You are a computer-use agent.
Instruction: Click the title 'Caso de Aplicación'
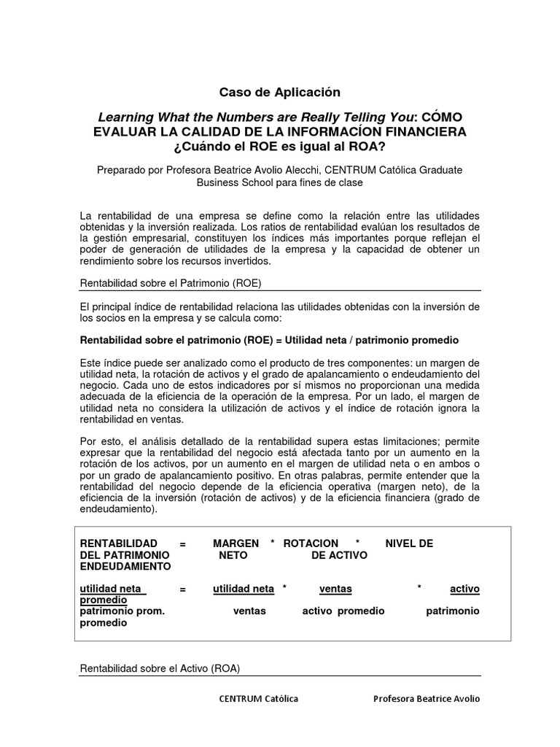(280, 92)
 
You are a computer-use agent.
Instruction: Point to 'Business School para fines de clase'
(279, 182)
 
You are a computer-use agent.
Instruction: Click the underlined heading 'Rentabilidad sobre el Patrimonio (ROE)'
(170, 282)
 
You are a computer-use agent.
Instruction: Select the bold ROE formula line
(269, 341)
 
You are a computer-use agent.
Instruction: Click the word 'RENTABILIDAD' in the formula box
(118, 543)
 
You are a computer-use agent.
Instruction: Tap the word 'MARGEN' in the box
(236, 543)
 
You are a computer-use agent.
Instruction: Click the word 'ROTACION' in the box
(311, 543)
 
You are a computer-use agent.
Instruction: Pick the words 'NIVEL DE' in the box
(409, 543)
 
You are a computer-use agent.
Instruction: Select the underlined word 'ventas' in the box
(335, 589)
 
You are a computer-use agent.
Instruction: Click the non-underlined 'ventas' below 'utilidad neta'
(249, 611)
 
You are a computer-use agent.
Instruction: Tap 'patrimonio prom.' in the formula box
(122, 611)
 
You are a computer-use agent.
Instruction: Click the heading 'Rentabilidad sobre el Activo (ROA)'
(160, 667)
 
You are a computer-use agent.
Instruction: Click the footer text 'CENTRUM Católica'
(259, 699)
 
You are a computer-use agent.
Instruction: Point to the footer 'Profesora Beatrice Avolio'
(427, 699)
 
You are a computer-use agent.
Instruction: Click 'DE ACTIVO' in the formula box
(339, 555)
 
